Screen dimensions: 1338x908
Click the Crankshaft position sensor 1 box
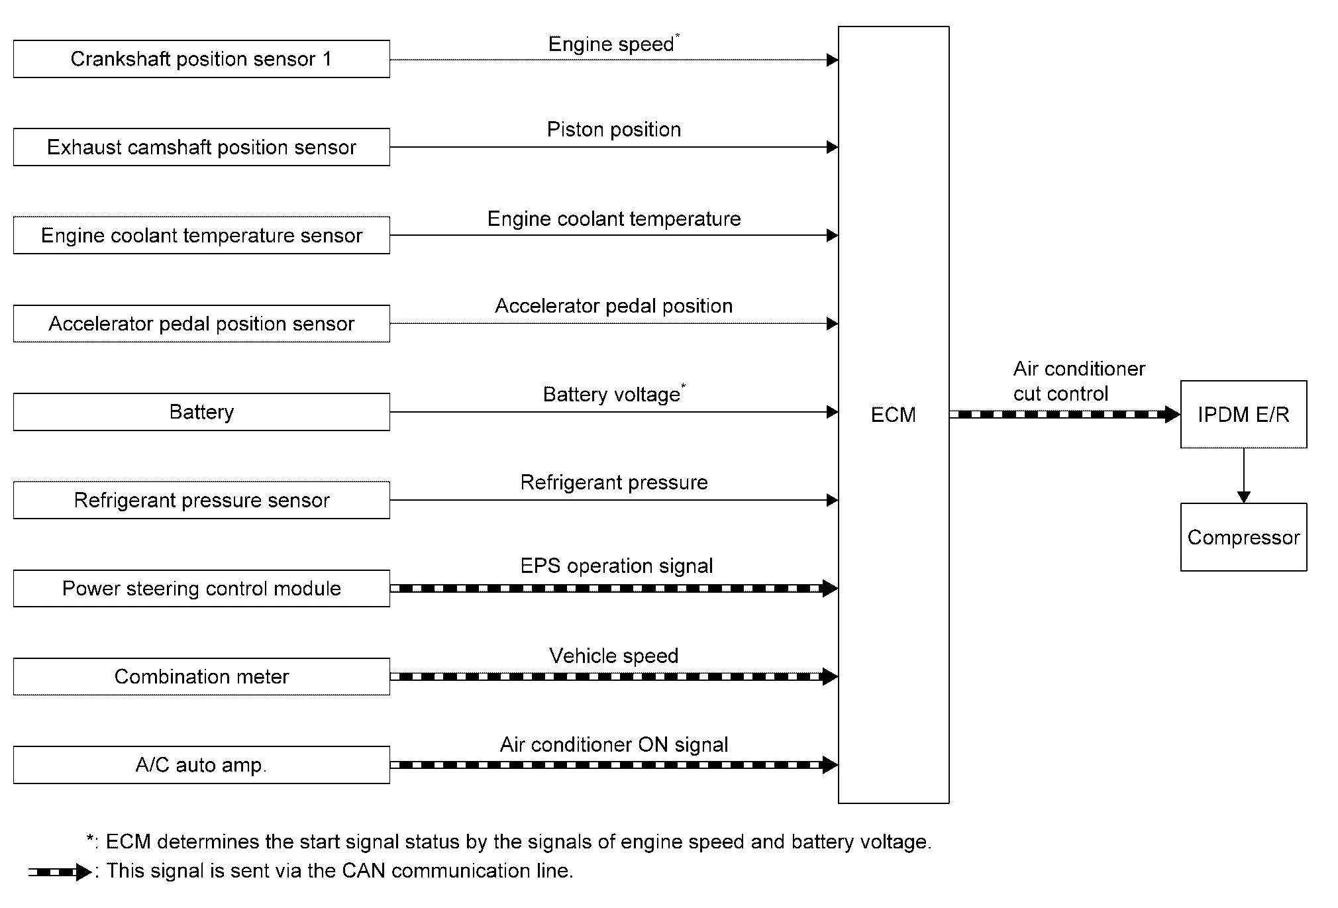pos(201,59)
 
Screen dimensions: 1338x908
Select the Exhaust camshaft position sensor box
pos(201,147)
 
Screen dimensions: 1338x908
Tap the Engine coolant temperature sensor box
pos(201,235)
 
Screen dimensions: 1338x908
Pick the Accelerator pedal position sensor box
pos(201,323)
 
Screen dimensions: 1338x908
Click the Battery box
pos(201,412)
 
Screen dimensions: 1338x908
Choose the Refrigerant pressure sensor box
pos(201,500)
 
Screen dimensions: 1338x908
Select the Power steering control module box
pos(201,588)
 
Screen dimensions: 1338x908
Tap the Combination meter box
pos(201,676)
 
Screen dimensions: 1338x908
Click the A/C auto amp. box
pos(201,765)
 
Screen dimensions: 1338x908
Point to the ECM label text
pos(894,415)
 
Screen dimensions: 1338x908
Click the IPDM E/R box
pos(1243,415)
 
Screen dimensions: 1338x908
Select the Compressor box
pos(1243,537)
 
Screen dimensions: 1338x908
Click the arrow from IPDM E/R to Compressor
pos(1243,476)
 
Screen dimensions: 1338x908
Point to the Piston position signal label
pos(614,129)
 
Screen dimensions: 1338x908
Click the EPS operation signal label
pos(617,566)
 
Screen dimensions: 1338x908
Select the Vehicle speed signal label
pos(614,656)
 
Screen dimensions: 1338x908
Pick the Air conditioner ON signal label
pos(614,744)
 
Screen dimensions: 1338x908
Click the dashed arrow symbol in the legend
pos(60,872)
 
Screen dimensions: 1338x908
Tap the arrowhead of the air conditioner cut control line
pos(1172,415)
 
